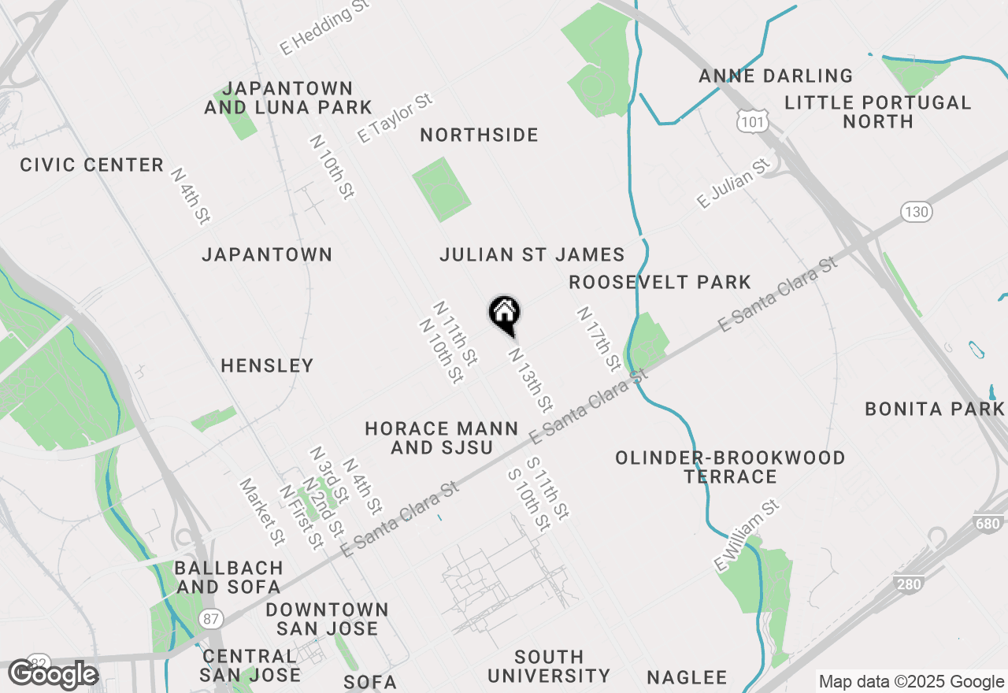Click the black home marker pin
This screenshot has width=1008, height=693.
(504, 314)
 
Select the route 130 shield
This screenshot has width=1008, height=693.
(917, 212)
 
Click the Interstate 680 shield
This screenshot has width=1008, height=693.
(991, 524)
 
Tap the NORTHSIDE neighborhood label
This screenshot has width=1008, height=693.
(479, 135)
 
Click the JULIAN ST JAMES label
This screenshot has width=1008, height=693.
(532, 255)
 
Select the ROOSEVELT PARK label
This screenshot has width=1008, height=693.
(660, 282)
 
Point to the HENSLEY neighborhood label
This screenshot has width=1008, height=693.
(267, 365)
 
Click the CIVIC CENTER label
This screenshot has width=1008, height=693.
(92, 165)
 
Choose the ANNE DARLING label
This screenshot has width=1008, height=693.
(776, 76)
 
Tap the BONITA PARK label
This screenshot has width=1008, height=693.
(935, 409)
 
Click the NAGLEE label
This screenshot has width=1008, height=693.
(687, 677)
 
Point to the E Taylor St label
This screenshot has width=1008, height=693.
(395, 119)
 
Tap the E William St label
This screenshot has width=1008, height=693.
(746, 535)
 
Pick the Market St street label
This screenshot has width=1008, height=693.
(262, 512)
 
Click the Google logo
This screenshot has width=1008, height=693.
(53, 675)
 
